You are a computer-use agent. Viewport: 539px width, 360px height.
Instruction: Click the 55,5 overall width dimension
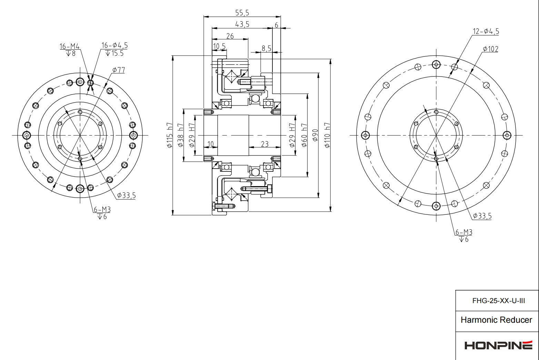pyautogui.click(x=242, y=13)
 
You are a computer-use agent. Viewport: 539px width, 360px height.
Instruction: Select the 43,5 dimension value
pyautogui.click(x=242, y=24)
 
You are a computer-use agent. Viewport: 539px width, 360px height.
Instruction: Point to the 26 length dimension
pyautogui.click(x=230, y=36)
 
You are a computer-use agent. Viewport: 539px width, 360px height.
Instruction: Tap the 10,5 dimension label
pyautogui.click(x=219, y=46)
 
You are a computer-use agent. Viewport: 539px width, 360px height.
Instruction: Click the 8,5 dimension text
pyautogui.click(x=266, y=48)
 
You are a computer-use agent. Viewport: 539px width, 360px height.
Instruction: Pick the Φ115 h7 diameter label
pyautogui.click(x=169, y=135)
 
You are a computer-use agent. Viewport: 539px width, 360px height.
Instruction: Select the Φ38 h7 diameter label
pyautogui.click(x=180, y=135)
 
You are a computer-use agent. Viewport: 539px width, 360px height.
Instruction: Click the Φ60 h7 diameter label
pyautogui.click(x=304, y=135)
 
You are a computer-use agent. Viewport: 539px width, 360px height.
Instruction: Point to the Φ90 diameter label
pyautogui.click(x=315, y=135)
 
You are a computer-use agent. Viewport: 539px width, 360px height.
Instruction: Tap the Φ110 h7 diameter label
pyautogui.click(x=327, y=135)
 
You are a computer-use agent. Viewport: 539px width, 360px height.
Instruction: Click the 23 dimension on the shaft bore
pyautogui.click(x=264, y=144)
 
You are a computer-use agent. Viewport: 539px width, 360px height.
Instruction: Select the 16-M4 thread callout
pyautogui.click(x=69, y=46)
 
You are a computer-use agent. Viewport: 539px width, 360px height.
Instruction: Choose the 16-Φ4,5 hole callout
pyautogui.click(x=114, y=45)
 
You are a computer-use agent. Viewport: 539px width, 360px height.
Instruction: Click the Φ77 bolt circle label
pyautogui.click(x=119, y=70)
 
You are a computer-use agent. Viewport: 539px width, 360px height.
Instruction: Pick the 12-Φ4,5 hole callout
pyautogui.click(x=486, y=31)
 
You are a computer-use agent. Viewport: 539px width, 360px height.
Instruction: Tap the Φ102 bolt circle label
pyautogui.click(x=490, y=49)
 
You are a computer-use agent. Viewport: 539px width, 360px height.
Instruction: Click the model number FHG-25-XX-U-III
pyautogui.click(x=498, y=301)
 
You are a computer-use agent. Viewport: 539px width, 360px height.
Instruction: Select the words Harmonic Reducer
pyautogui.click(x=496, y=320)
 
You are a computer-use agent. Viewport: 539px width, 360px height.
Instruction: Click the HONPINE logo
pyautogui.click(x=498, y=345)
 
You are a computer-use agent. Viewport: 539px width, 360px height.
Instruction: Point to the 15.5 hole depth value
pyautogui.click(x=117, y=53)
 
